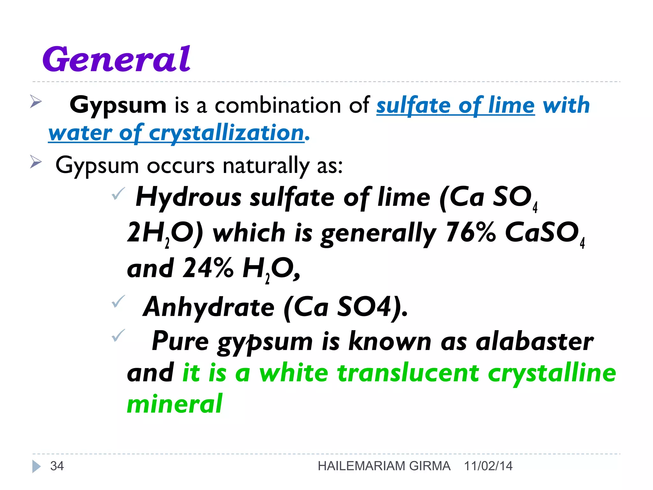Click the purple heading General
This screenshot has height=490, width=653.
pyautogui.click(x=116, y=59)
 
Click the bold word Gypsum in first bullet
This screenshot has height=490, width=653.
pyautogui.click(x=118, y=105)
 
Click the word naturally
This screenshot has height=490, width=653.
pyautogui.click(x=266, y=166)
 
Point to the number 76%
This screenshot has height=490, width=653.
pyautogui.click(x=470, y=233)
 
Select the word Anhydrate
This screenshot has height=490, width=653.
pyautogui.click(x=209, y=307)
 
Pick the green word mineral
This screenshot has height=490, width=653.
pyautogui.click(x=174, y=404)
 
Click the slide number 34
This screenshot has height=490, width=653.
pyautogui.click(x=57, y=466)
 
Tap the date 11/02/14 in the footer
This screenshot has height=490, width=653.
pyautogui.click(x=488, y=466)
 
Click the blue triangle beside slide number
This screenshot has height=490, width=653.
pyautogui.click(x=36, y=466)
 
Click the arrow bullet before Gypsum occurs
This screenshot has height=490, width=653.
pyautogui.click(x=36, y=162)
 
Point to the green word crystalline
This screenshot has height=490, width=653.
pyautogui.click(x=552, y=373)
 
